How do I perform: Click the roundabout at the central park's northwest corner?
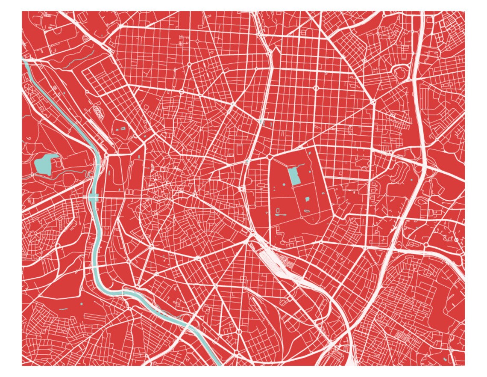(x=270, y=157)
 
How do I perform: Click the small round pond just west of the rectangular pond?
(x=283, y=184)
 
